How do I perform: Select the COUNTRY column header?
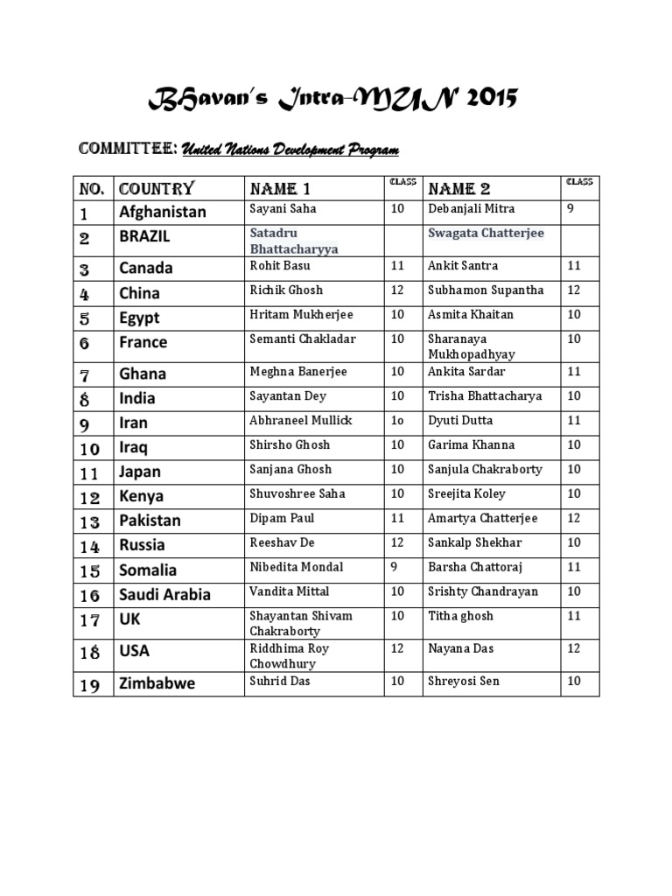tap(157, 188)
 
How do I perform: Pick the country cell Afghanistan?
tap(163, 211)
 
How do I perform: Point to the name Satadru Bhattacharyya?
tap(294, 241)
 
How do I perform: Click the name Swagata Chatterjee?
tap(486, 233)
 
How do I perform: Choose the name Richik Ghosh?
tap(286, 290)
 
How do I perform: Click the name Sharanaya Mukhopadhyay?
tap(472, 346)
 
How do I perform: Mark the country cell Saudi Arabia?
tap(165, 595)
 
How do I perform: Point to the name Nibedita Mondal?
tap(297, 567)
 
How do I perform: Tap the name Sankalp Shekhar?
tap(476, 542)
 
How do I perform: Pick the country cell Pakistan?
tap(150, 521)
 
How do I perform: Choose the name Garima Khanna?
tap(472, 444)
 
